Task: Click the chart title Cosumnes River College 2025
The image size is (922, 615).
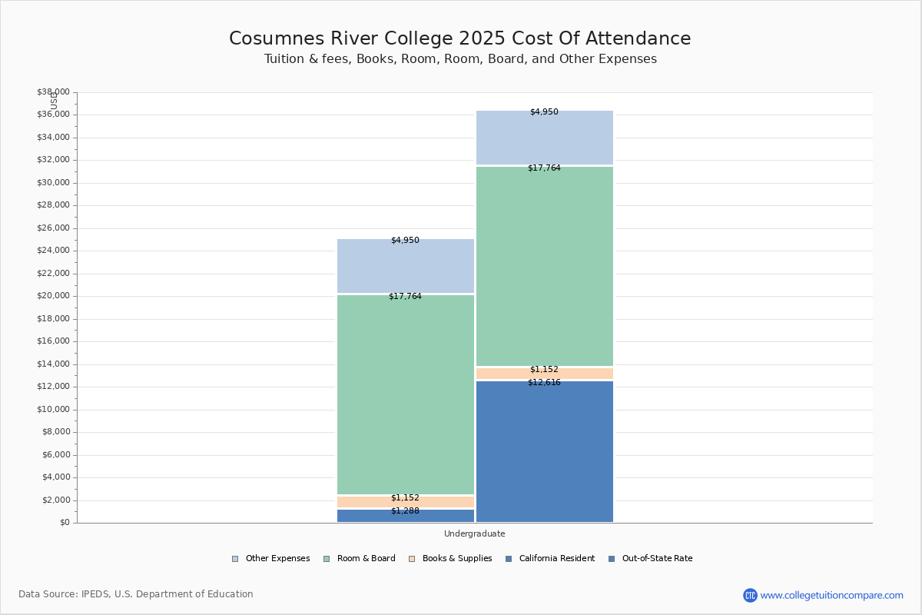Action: (x=459, y=38)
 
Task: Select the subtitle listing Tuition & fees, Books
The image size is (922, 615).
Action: (x=459, y=59)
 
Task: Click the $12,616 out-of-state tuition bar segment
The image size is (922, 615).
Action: (x=544, y=454)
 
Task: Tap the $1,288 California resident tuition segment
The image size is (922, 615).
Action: (x=405, y=516)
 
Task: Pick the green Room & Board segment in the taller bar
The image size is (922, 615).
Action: (x=544, y=266)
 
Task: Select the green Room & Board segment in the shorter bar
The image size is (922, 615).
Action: (x=405, y=394)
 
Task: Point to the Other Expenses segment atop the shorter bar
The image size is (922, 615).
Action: (x=405, y=266)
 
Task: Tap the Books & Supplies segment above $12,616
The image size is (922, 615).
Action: (x=544, y=374)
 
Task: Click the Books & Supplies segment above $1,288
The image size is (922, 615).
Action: (x=405, y=502)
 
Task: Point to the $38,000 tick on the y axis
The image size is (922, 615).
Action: (x=53, y=92)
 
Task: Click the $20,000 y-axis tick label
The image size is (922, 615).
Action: (x=53, y=296)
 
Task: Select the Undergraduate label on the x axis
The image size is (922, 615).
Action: (x=474, y=534)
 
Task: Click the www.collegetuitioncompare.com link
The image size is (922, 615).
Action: (x=831, y=595)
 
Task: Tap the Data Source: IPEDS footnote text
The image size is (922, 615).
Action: (x=136, y=594)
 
